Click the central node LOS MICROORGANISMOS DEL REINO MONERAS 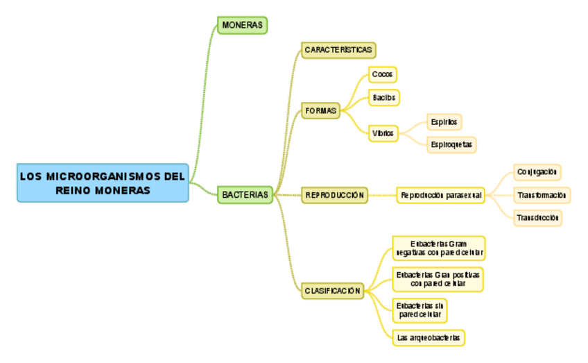(x=103, y=183)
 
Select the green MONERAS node (x=242, y=25)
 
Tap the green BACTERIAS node (x=245, y=195)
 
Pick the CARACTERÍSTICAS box (x=339, y=50)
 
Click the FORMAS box (x=320, y=111)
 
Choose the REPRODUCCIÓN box (x=334, y=195)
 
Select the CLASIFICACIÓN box (x=332, y=291)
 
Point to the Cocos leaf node (x=382, y=74)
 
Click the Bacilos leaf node (x=383, y=98)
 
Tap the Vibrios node (x=383, y=133)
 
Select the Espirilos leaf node (x=443, y=122)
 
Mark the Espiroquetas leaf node (x=451, y=144)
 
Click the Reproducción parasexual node (x=440, y=196)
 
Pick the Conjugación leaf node (x=537, y=171)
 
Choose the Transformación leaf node (x=542, y=195)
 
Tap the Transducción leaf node (x=537, y=218)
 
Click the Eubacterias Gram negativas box (x=438, y=248)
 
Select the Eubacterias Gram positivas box (x=438, y=279)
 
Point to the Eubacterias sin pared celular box (x=420, y=310)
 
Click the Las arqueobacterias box (x=428, y=338)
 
